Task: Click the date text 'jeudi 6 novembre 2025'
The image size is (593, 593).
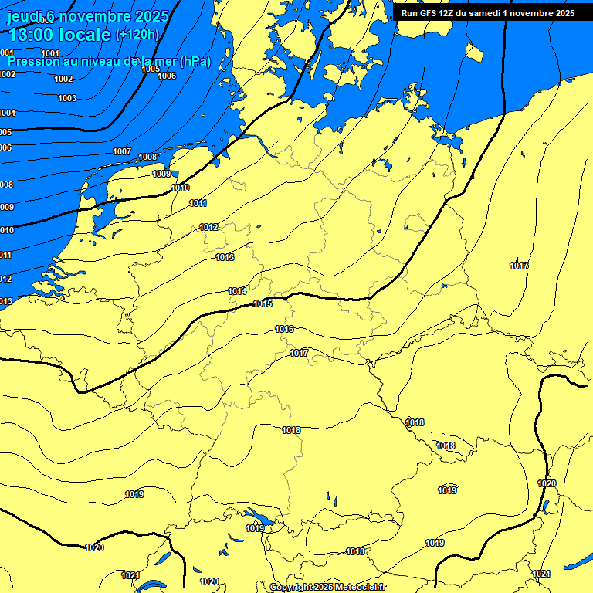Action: pyautogui.click(x=82, y=16)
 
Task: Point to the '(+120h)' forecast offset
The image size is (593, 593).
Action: pyautogui.click(x=137, y=35)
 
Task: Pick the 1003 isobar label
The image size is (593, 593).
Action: pyautogui.click(x=67, y=98)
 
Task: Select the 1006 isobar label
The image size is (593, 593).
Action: pyautogui.click(x=167, y=76)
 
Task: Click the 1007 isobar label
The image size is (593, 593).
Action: pyautogui.click(x=122, y=151)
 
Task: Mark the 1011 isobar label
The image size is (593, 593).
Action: pyautogui.click(x=198, y=203)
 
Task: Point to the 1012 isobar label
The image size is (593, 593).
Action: pyautogui.click(x=208, y=227)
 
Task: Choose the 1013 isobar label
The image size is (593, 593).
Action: pyautogui.click(x=225, y=257)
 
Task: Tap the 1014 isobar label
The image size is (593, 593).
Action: pyautogui.click(x=237, y=291)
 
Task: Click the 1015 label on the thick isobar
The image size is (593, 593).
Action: pyautogui.click(x=263, y=303)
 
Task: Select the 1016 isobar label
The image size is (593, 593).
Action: pyautogui.click(x=284, y=329)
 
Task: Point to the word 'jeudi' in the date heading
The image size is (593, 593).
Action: pyautogui.click(x=22, y=16)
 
